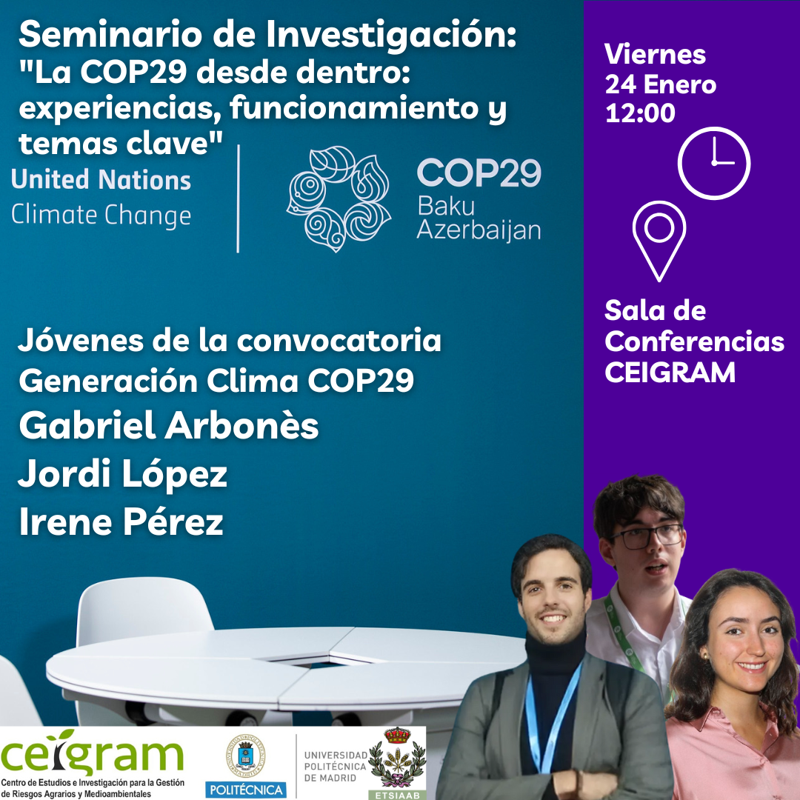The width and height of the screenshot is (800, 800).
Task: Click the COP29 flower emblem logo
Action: point(339,199)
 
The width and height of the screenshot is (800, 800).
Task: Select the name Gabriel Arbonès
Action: point(169,425)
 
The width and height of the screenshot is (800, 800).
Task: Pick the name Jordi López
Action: point(123,473)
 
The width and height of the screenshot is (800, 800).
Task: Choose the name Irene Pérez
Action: point(121,521)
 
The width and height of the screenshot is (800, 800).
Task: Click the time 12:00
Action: point(640,113)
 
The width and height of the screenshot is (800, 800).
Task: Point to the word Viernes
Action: point(655,54)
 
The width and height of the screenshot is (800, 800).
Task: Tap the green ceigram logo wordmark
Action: point(92,753)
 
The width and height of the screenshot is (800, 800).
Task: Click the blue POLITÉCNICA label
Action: point(246,790)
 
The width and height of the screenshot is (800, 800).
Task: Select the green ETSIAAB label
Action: point(397,795)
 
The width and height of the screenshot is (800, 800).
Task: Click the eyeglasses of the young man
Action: point(647,537)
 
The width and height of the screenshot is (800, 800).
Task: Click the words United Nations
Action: point(101,179)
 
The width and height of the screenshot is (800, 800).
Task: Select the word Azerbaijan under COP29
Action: point(479,230)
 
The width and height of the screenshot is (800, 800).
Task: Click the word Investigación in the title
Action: point(391,35)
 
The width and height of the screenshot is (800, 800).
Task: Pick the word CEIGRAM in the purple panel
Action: point(670,372)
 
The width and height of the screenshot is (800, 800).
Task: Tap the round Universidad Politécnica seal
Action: point(246,756)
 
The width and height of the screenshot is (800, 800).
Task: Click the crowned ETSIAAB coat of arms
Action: point(398,759)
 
